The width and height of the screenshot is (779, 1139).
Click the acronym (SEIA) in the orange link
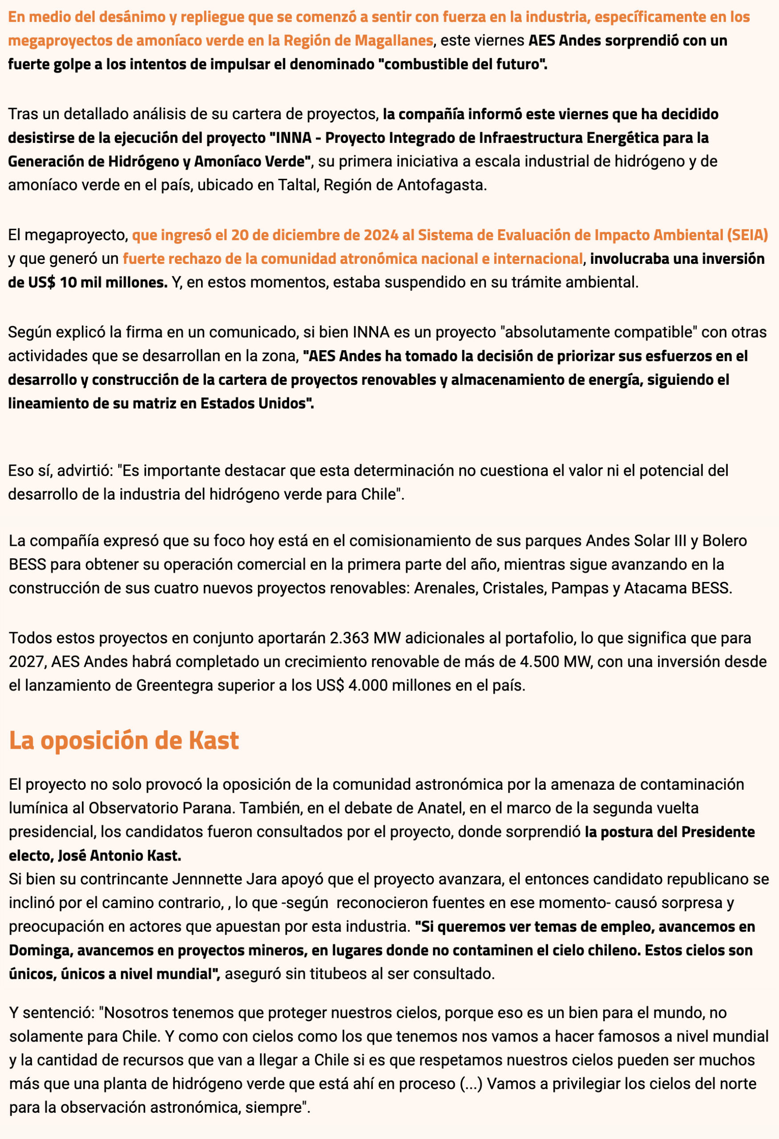tap(748, 235)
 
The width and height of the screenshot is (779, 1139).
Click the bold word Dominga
tap(40, 950)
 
